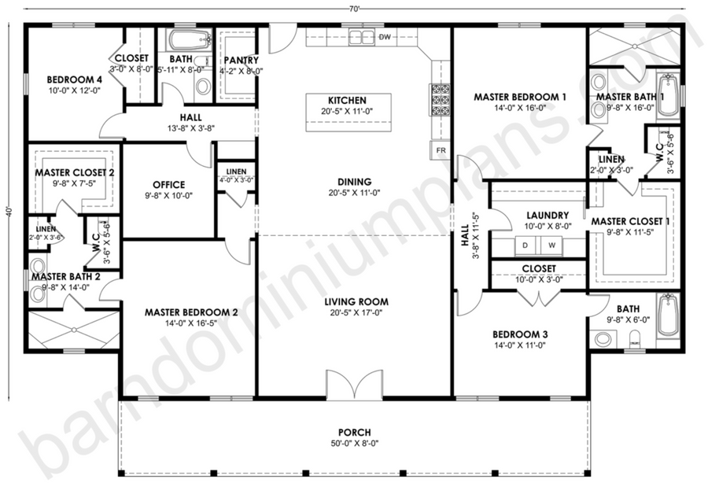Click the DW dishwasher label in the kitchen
(385, 37)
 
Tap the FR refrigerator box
(441, 149)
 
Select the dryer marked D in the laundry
(525, 245)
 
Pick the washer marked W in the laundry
(551, 245)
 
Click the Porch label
(355, 433)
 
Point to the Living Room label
(356, 301)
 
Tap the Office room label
(169, 185)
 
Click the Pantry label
(242, 60)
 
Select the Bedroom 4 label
(75, 80)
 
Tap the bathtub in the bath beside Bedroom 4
(190, 41)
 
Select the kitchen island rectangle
(348, 113)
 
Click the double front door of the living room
(355, 385)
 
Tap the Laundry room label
(548, 216)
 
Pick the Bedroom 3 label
(520, 334)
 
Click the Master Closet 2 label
(75, 172)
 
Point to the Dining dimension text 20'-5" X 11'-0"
(355, 193)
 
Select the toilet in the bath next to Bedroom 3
(635, 339)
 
